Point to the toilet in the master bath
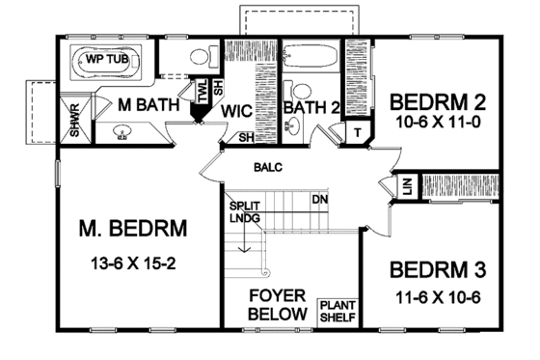point(199,57)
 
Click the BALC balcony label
point(267,167)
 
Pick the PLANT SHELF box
point(337,310)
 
